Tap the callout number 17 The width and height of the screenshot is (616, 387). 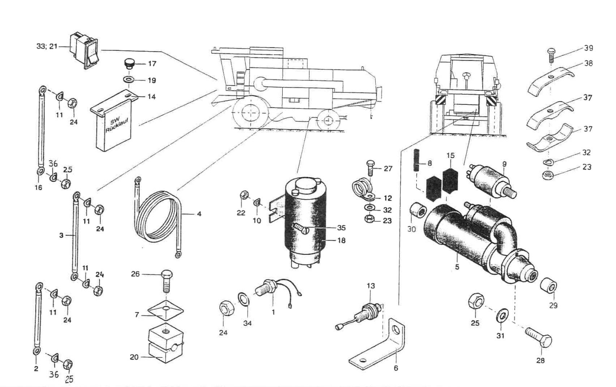pyautogui.click(x=152, y=64)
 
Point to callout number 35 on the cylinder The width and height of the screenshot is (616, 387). pyautogui.click(x=341, y=228)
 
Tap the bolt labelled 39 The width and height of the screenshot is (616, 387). pyautogui.click(x=551, y=54)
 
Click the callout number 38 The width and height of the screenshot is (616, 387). pyautogui.click(x=588, y=63)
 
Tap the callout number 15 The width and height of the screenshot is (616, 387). pyautogui.click(x=450, y=156)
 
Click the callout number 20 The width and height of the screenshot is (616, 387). pyautogui.click(x=134, y=357)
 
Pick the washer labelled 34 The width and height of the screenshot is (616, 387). pyautogui.click(x=243, y=300)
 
